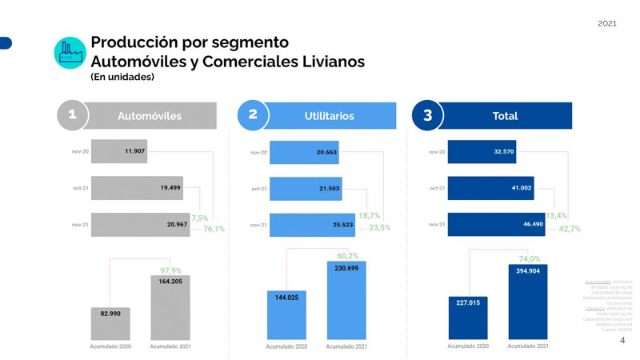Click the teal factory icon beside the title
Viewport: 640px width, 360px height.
pos(70,51)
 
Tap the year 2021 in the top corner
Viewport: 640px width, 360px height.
pos(607,24)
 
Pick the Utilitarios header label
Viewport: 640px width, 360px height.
pos(329,116)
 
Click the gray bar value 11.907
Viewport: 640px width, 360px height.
pos(119,151)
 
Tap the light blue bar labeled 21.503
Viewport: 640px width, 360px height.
pos(306,189)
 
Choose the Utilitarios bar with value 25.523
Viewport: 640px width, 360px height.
pos(318,226)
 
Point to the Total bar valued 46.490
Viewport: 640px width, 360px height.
pos(496,225)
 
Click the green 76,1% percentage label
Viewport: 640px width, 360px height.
pos(214,229)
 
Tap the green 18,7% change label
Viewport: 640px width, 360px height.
pos(369,216)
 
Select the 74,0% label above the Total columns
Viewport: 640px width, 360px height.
pos(530,258)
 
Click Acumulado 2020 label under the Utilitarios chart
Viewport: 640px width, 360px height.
pos(286,346)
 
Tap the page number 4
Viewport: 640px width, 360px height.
pos(622,341)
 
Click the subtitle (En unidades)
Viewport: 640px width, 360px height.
pos(122,78)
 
